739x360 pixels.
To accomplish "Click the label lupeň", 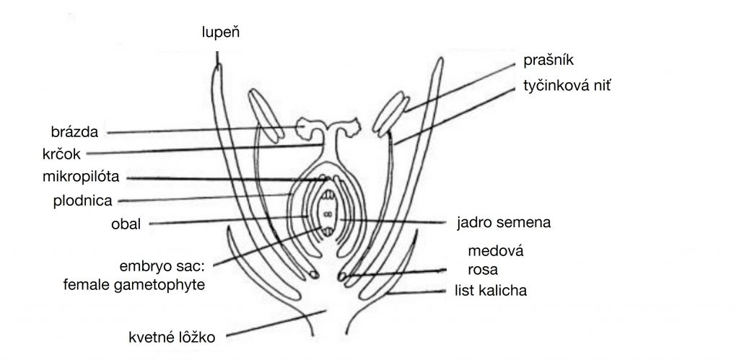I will [220, 31].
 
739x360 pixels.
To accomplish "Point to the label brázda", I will [74, 132].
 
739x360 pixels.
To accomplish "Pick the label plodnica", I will [81, 199].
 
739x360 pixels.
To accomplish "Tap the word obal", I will [125, 223].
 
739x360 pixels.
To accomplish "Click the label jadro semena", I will [504, 221].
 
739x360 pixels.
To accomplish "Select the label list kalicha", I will [491, 291].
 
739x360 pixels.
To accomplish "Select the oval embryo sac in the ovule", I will [327, 214].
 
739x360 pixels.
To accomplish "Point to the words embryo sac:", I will [165, 265].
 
